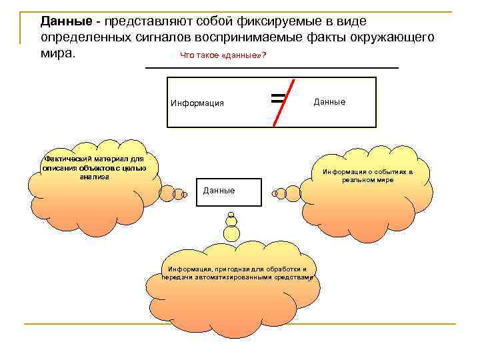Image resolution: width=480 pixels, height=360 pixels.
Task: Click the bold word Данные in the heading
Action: pos(63,22)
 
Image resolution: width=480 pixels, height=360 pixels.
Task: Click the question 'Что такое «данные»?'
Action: pos(223,55)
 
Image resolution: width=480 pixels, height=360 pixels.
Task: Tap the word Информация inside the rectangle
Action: pos(197,103)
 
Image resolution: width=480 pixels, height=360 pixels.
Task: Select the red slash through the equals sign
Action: pos(282,101)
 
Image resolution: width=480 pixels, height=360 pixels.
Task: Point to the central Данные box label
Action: pos(219,191)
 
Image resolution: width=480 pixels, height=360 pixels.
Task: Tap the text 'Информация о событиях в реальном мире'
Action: pos(368,175)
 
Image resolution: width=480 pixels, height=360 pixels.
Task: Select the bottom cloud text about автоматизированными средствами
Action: pos(237,273)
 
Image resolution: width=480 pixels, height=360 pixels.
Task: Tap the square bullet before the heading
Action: pos(28,22)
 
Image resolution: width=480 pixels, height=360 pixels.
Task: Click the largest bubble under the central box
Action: pos(231,233)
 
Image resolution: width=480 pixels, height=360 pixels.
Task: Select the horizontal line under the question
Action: pos(271,68)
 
